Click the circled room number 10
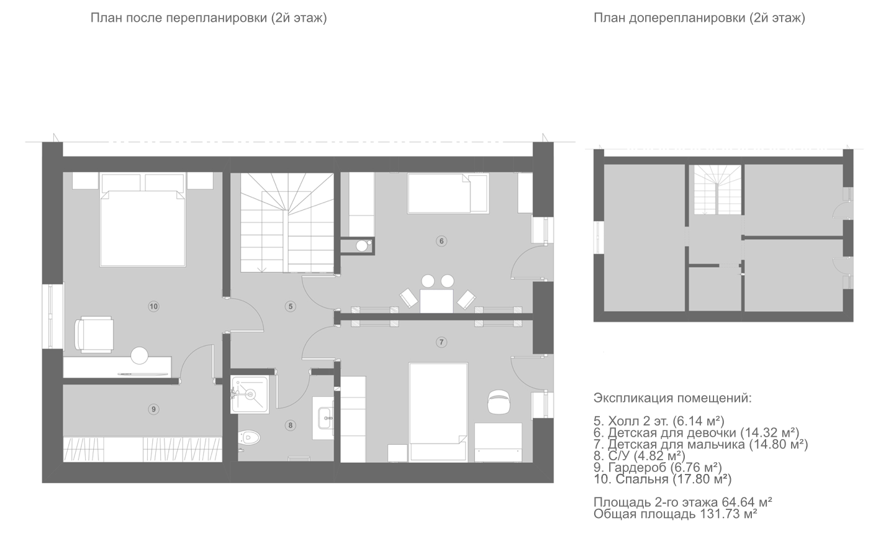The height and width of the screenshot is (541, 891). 153,306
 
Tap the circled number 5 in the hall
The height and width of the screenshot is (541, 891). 291,306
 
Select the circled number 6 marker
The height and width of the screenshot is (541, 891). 441,241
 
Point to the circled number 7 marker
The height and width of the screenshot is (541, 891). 441,342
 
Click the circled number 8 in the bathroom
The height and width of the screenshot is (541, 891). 291,425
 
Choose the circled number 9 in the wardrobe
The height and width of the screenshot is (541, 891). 153,409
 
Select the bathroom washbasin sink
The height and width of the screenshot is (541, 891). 326,418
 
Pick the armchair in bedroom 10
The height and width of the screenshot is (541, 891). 94,335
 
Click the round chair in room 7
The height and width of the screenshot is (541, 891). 499,402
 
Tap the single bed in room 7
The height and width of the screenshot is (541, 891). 438,412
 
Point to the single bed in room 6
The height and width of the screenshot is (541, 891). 448,194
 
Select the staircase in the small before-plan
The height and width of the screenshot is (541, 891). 717,189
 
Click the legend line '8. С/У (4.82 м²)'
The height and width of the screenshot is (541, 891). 640,455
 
